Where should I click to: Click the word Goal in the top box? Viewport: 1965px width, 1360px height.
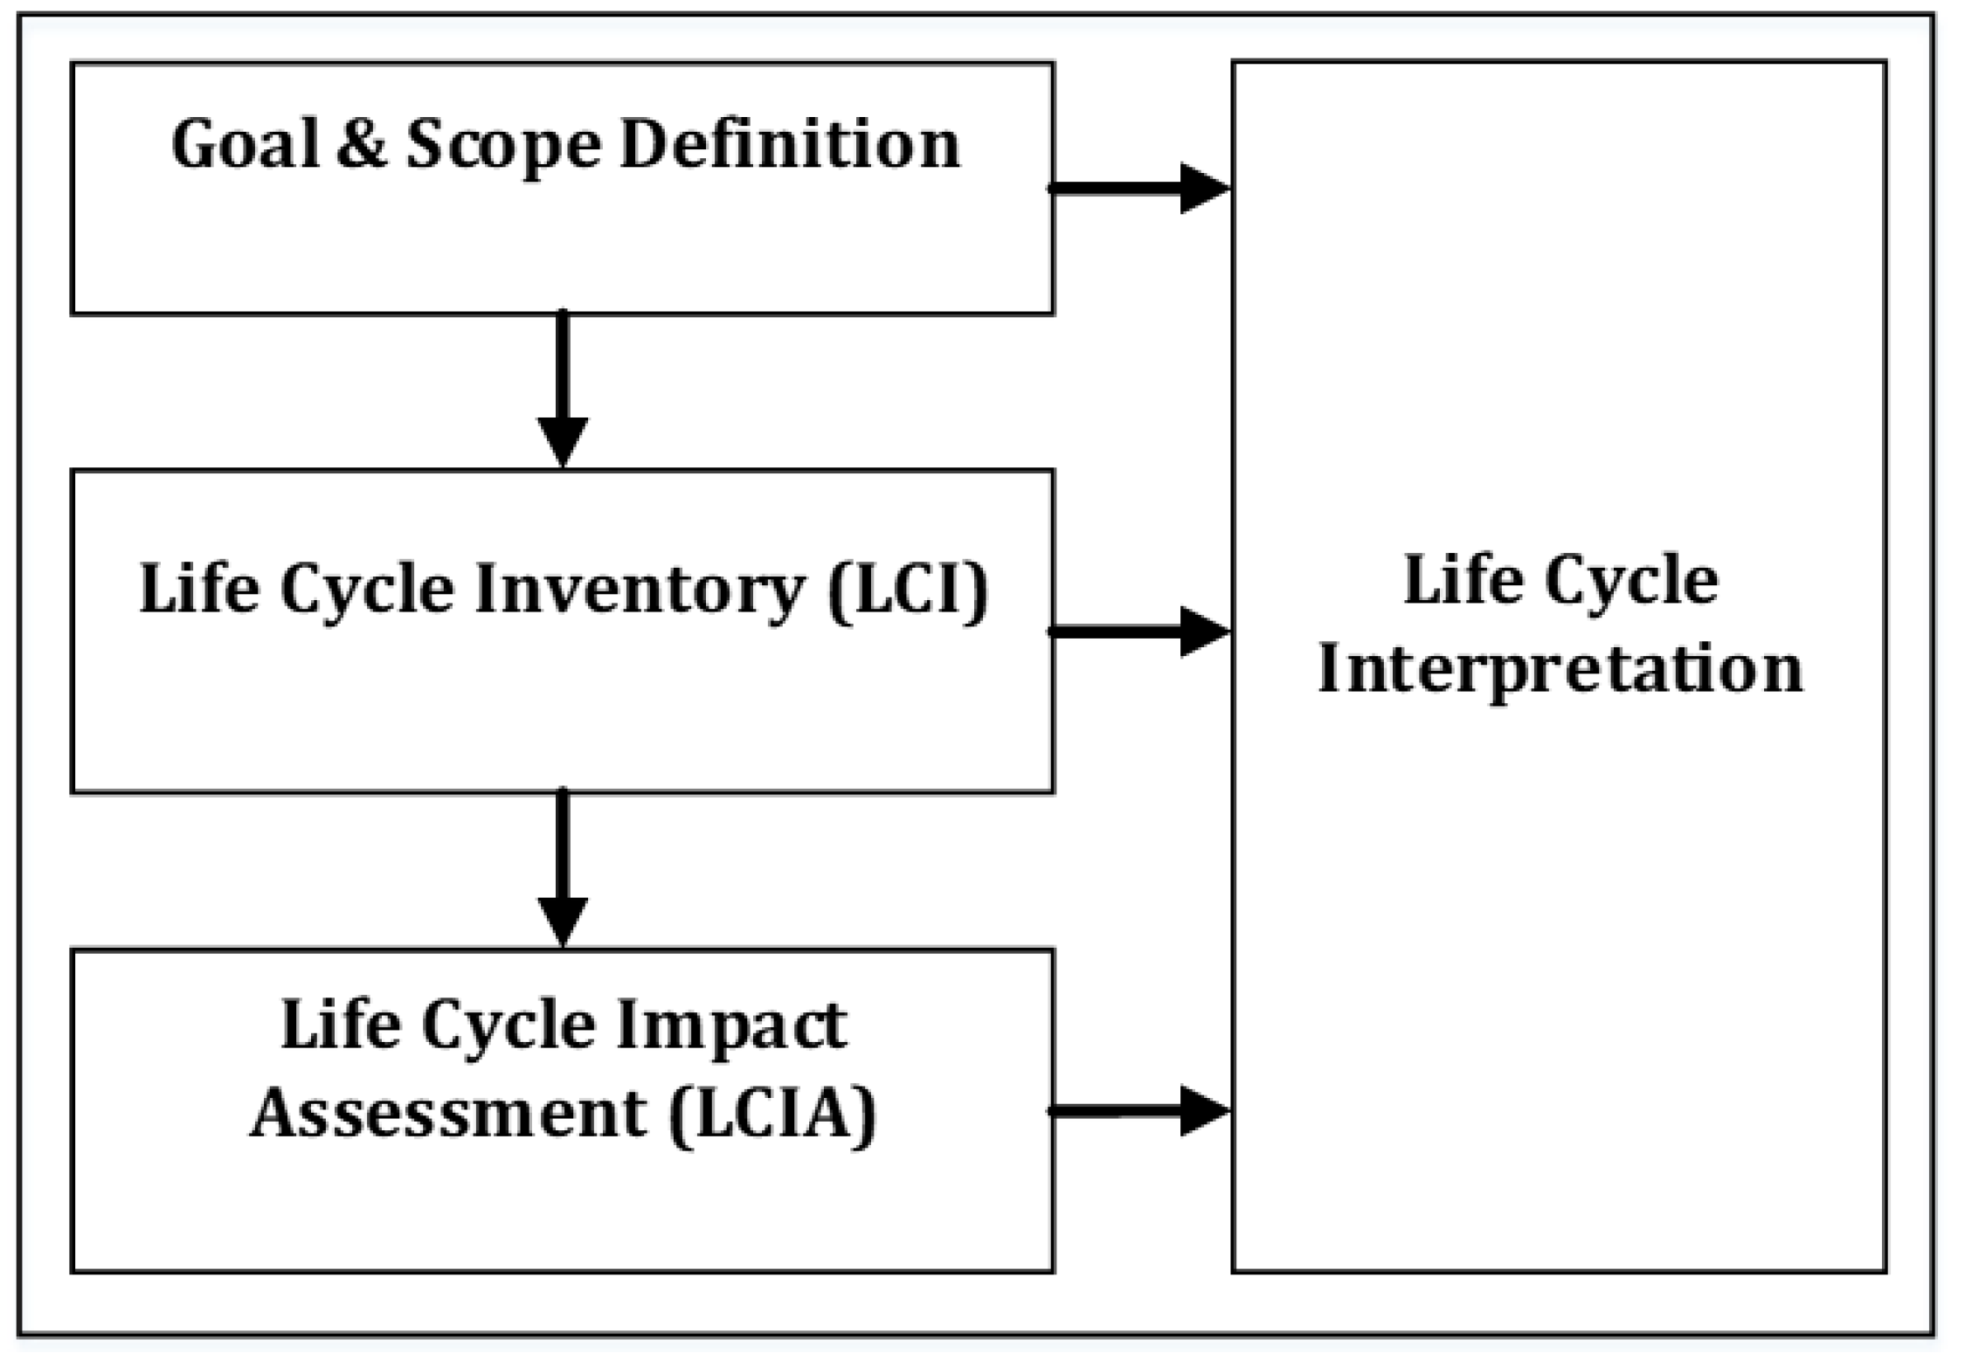click(246, 145)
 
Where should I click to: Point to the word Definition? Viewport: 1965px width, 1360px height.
click(790, 145)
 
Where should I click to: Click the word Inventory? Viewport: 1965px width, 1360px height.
click(638, 590)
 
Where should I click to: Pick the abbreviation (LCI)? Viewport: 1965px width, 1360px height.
click(909, 590)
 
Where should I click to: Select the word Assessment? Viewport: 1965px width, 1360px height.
click(449, 1115)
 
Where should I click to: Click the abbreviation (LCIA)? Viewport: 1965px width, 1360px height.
click(772, 1115)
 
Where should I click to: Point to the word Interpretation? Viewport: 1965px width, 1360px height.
click(1560, 671)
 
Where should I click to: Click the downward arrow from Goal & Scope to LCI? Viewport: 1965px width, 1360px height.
click(563, 389)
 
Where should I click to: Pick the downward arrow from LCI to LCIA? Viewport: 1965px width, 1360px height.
click(563, 867)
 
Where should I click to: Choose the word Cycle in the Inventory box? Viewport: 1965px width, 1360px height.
click(367, 590)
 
